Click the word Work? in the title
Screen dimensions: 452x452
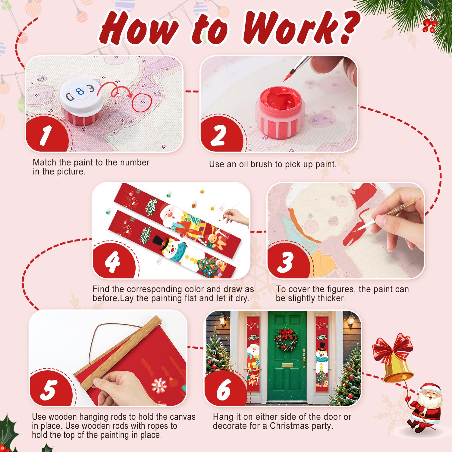coord(301,29)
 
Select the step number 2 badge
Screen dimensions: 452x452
coord(219,135)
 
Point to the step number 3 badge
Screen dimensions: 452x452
coord(286,262)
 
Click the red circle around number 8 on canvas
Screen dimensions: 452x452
coord(142,103)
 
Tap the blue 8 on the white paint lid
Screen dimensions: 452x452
coord(80,91)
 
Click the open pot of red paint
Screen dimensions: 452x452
coord(280,111)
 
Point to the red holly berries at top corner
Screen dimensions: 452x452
coord(429,26)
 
